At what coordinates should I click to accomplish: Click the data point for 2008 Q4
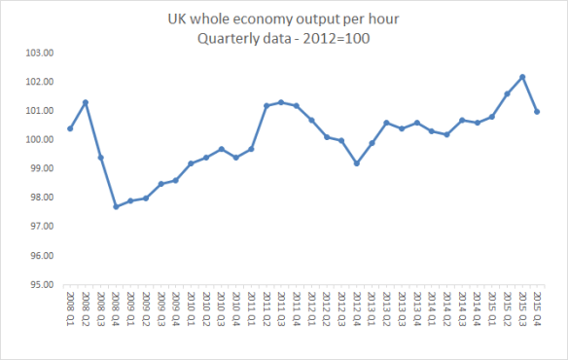[116, 206]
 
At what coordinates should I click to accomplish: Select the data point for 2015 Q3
[522, 76]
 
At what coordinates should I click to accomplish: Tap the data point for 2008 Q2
[86, 102]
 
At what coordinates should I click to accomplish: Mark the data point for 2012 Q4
[357, 163]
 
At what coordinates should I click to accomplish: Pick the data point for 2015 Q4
[538, 111]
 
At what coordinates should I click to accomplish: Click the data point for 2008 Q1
[71, 128]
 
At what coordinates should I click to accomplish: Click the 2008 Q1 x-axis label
[71, 308]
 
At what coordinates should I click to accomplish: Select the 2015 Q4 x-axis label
[538, 308]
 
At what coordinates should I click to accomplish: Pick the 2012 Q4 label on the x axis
[357, 308]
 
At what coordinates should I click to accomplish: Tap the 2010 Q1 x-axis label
[192, 308]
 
